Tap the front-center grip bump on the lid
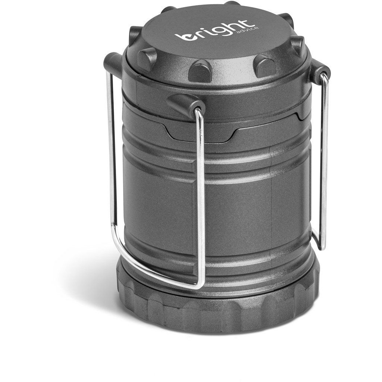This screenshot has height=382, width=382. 200,70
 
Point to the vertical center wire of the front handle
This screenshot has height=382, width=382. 201,194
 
